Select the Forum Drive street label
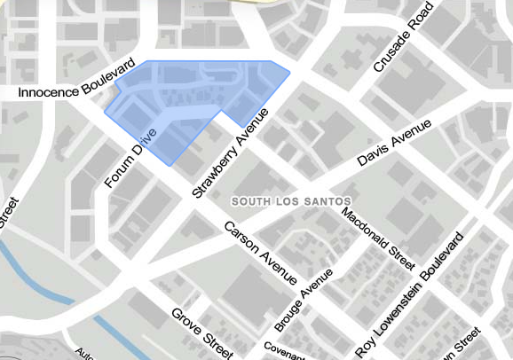coord(130,157)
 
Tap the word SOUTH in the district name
coord(251,202)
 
